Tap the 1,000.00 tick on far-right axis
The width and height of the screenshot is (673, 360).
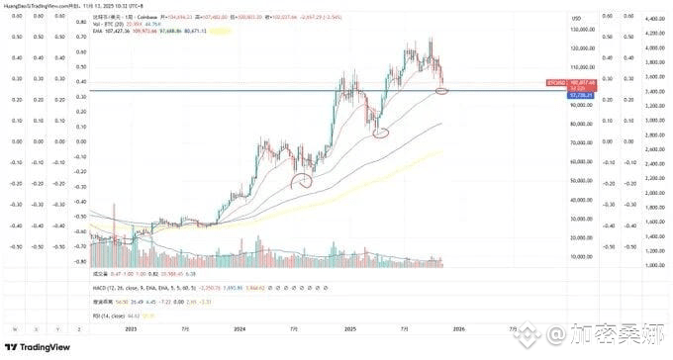651,267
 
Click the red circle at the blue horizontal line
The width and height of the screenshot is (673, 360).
441,91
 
